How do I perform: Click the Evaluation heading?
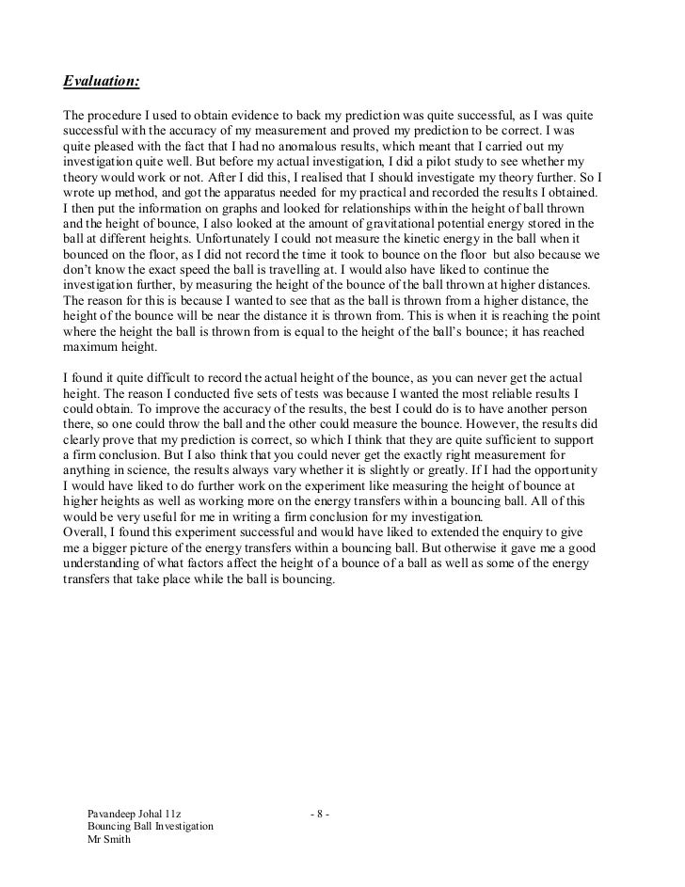tap(101, 81)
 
